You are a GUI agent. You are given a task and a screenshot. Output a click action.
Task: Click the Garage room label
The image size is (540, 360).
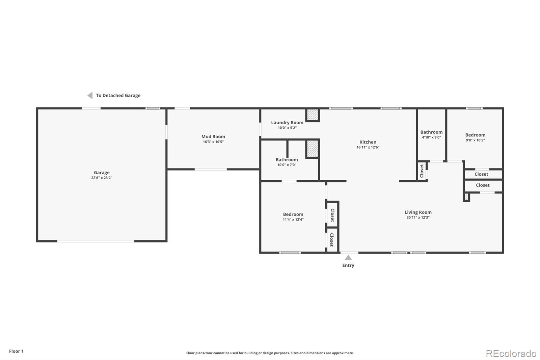coord(102,173)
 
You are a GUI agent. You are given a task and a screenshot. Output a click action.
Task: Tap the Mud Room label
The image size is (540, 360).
coord(213,136)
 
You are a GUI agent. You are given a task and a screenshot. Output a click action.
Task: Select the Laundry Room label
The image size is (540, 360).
coord(287,123)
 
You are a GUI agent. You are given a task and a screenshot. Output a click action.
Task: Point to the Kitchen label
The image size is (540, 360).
coord(368,142)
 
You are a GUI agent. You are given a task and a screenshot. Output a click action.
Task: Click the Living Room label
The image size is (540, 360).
coord(418,212)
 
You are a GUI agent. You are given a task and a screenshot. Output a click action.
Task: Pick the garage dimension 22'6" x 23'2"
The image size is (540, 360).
coord(102,178)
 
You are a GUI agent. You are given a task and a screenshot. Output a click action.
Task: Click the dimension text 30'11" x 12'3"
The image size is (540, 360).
coord(418,217)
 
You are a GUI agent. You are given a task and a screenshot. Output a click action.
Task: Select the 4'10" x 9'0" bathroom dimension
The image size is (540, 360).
coord(431,137)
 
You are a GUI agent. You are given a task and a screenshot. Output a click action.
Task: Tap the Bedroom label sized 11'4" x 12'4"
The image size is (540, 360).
coord(293,214)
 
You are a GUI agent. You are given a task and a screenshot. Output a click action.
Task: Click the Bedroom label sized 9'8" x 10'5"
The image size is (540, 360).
coord(475,135)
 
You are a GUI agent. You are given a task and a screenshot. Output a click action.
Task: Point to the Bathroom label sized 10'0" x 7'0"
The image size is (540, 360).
coord(287,160)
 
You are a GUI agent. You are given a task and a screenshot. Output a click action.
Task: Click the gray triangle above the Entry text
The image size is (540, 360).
coord(348,258)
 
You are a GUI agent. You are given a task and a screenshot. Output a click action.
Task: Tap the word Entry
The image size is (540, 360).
coord(348,265)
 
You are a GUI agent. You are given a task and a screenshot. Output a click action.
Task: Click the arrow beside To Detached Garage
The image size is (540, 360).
coord(90,96)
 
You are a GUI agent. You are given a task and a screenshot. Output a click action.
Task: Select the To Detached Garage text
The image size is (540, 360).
coord(118,96)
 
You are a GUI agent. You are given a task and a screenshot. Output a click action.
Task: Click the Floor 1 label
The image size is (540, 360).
coord(17,351)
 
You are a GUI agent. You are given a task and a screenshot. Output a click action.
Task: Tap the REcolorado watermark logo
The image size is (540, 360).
coord(511,354)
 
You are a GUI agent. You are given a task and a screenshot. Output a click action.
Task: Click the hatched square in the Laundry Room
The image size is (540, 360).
coord(313,115)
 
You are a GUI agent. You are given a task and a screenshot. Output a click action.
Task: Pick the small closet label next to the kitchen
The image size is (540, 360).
coord(422,171)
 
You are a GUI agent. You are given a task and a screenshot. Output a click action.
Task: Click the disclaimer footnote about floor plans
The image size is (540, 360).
coord(270,353)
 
